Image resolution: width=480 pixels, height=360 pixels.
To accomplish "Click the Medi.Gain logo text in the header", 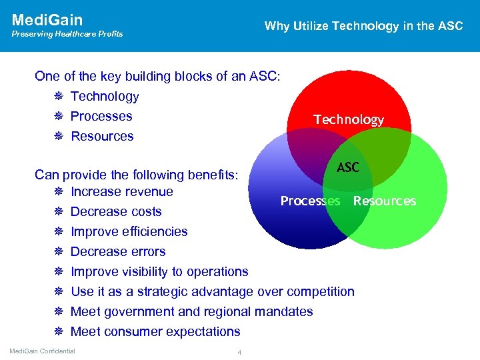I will pos(47,20).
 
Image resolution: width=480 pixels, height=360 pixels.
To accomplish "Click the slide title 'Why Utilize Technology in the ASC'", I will pos(363,26).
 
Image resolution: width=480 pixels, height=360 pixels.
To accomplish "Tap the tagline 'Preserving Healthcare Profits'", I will pos(67,34).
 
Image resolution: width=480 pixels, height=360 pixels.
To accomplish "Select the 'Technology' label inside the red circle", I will pos(349,119).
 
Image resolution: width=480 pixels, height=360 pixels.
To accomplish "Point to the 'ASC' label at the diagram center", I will pos(348,167).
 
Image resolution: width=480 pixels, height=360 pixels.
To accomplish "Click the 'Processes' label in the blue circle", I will pos(310,201).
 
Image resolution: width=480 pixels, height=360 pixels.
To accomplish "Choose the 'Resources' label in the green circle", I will pos(384,201).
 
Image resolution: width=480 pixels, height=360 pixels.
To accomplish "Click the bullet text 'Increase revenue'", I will pos(121,192).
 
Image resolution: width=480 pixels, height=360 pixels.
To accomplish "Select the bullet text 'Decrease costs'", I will pos(116,212).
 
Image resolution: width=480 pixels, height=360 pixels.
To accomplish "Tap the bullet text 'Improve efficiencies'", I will pos(129,232).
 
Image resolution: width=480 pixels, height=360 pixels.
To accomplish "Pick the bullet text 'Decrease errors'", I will pos(118,252).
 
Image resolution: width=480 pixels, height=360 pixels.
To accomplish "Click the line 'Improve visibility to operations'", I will pos(159,272).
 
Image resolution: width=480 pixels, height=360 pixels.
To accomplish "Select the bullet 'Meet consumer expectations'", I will pos(155,331).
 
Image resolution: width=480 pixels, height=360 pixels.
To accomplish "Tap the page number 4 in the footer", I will pos(239,352).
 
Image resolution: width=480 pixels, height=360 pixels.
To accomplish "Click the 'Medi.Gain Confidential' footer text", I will pos(42,351).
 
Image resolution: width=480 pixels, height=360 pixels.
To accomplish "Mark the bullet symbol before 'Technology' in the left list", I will pos(59,97).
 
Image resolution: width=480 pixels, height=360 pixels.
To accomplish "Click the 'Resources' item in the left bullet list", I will pos(102,136).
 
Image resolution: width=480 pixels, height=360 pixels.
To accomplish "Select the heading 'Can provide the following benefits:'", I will pos(141,175).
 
